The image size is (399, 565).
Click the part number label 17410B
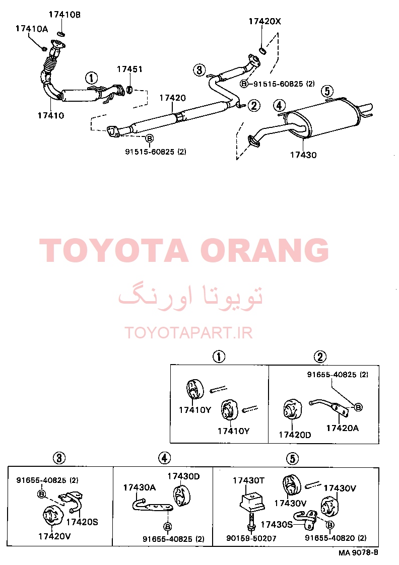pyautogui.click(x=64, y=15)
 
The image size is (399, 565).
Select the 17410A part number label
pyautogui.click(x=32, y=29)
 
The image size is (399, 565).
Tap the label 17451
pyautogui.click(x=129, y=69)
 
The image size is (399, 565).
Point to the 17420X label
pyautogui.click(x=264, y=21)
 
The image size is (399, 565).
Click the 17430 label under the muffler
pyautogui.click(x=303, y=155)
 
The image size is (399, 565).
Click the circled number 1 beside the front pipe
pyautogui.click(x=92, y=78)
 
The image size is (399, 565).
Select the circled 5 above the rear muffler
pyautogui.click(x=327, y=91)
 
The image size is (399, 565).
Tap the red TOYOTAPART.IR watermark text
pyautogui.click(x=188, y=332)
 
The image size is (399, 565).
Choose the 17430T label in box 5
pyautogui.click(x=248, y=480)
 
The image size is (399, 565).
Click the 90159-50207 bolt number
pyautogui.click(x=251, y=538)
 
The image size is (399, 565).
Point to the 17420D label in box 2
pyautogui.click(x=295, y=435)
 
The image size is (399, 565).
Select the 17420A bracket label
pyautogui.click(x=343, y=428)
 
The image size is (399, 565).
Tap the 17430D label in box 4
pyautogui.click(x=183, y=476)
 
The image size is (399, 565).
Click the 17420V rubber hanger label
pyautogui.click(x=54, y=536)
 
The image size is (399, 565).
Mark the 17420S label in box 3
pyautogui.click(x=82, y=522)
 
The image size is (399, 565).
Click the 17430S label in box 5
pyautogui.click(x=277, y=525)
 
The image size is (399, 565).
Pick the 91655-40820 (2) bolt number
pyautogui.click(x=336, y=538)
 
